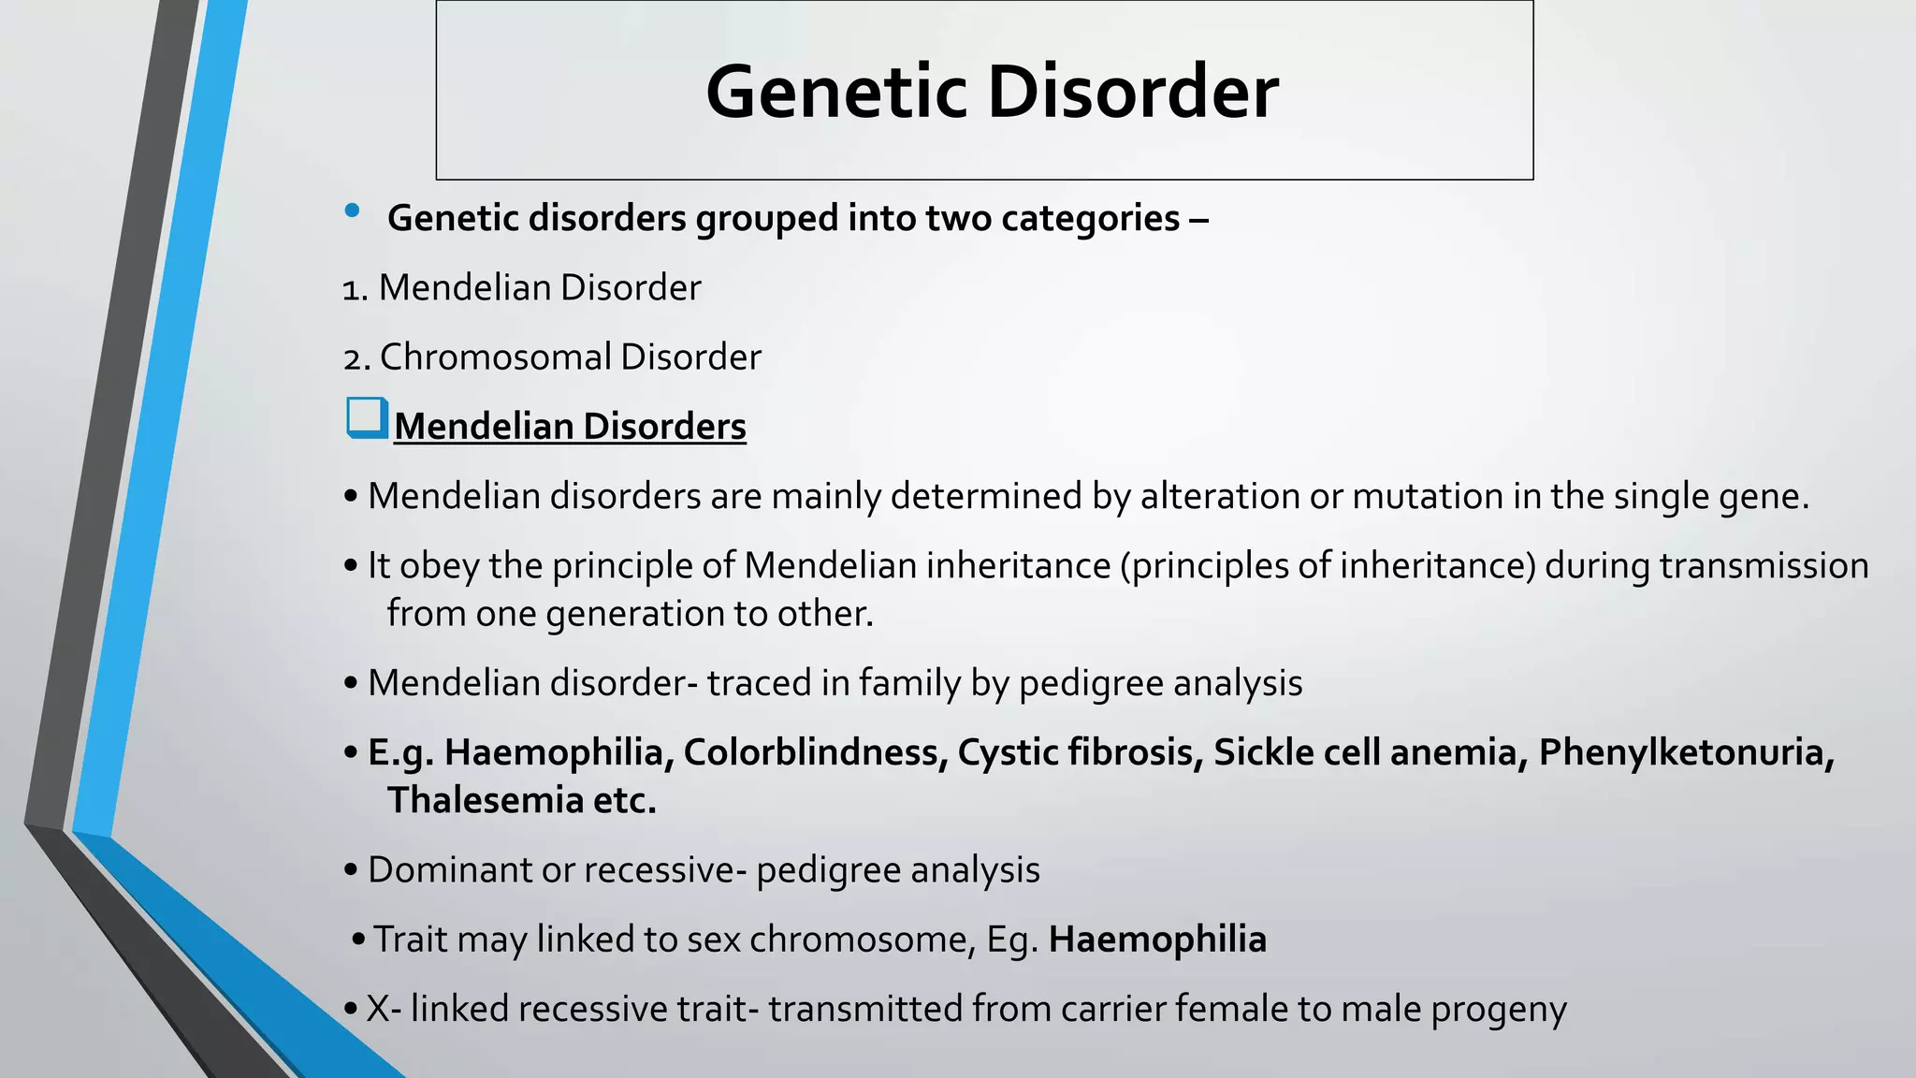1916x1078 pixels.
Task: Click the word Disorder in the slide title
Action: pos(1132,92)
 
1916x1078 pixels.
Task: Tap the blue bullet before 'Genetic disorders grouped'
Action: pos(352,211)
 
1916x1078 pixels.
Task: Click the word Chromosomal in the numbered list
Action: pos(496,357)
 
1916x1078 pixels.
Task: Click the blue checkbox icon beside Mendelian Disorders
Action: pos(367,418)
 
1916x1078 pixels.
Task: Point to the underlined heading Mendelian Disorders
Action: pos(570,427)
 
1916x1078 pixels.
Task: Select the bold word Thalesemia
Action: pos(486,800)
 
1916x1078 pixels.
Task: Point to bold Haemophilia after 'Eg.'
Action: pos(1157,940)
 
